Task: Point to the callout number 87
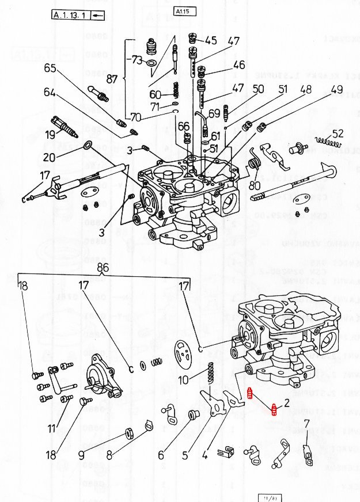pos(112,79)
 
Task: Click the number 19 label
pos(50,135)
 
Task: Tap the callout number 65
pos(50,68)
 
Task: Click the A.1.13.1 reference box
pos(71,16)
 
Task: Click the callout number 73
pos(136,60)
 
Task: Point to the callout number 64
pos(50,92)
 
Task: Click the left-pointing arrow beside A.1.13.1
pos(98,16)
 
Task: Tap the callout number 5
pos(185,455)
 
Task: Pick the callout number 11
pos(52,428)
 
